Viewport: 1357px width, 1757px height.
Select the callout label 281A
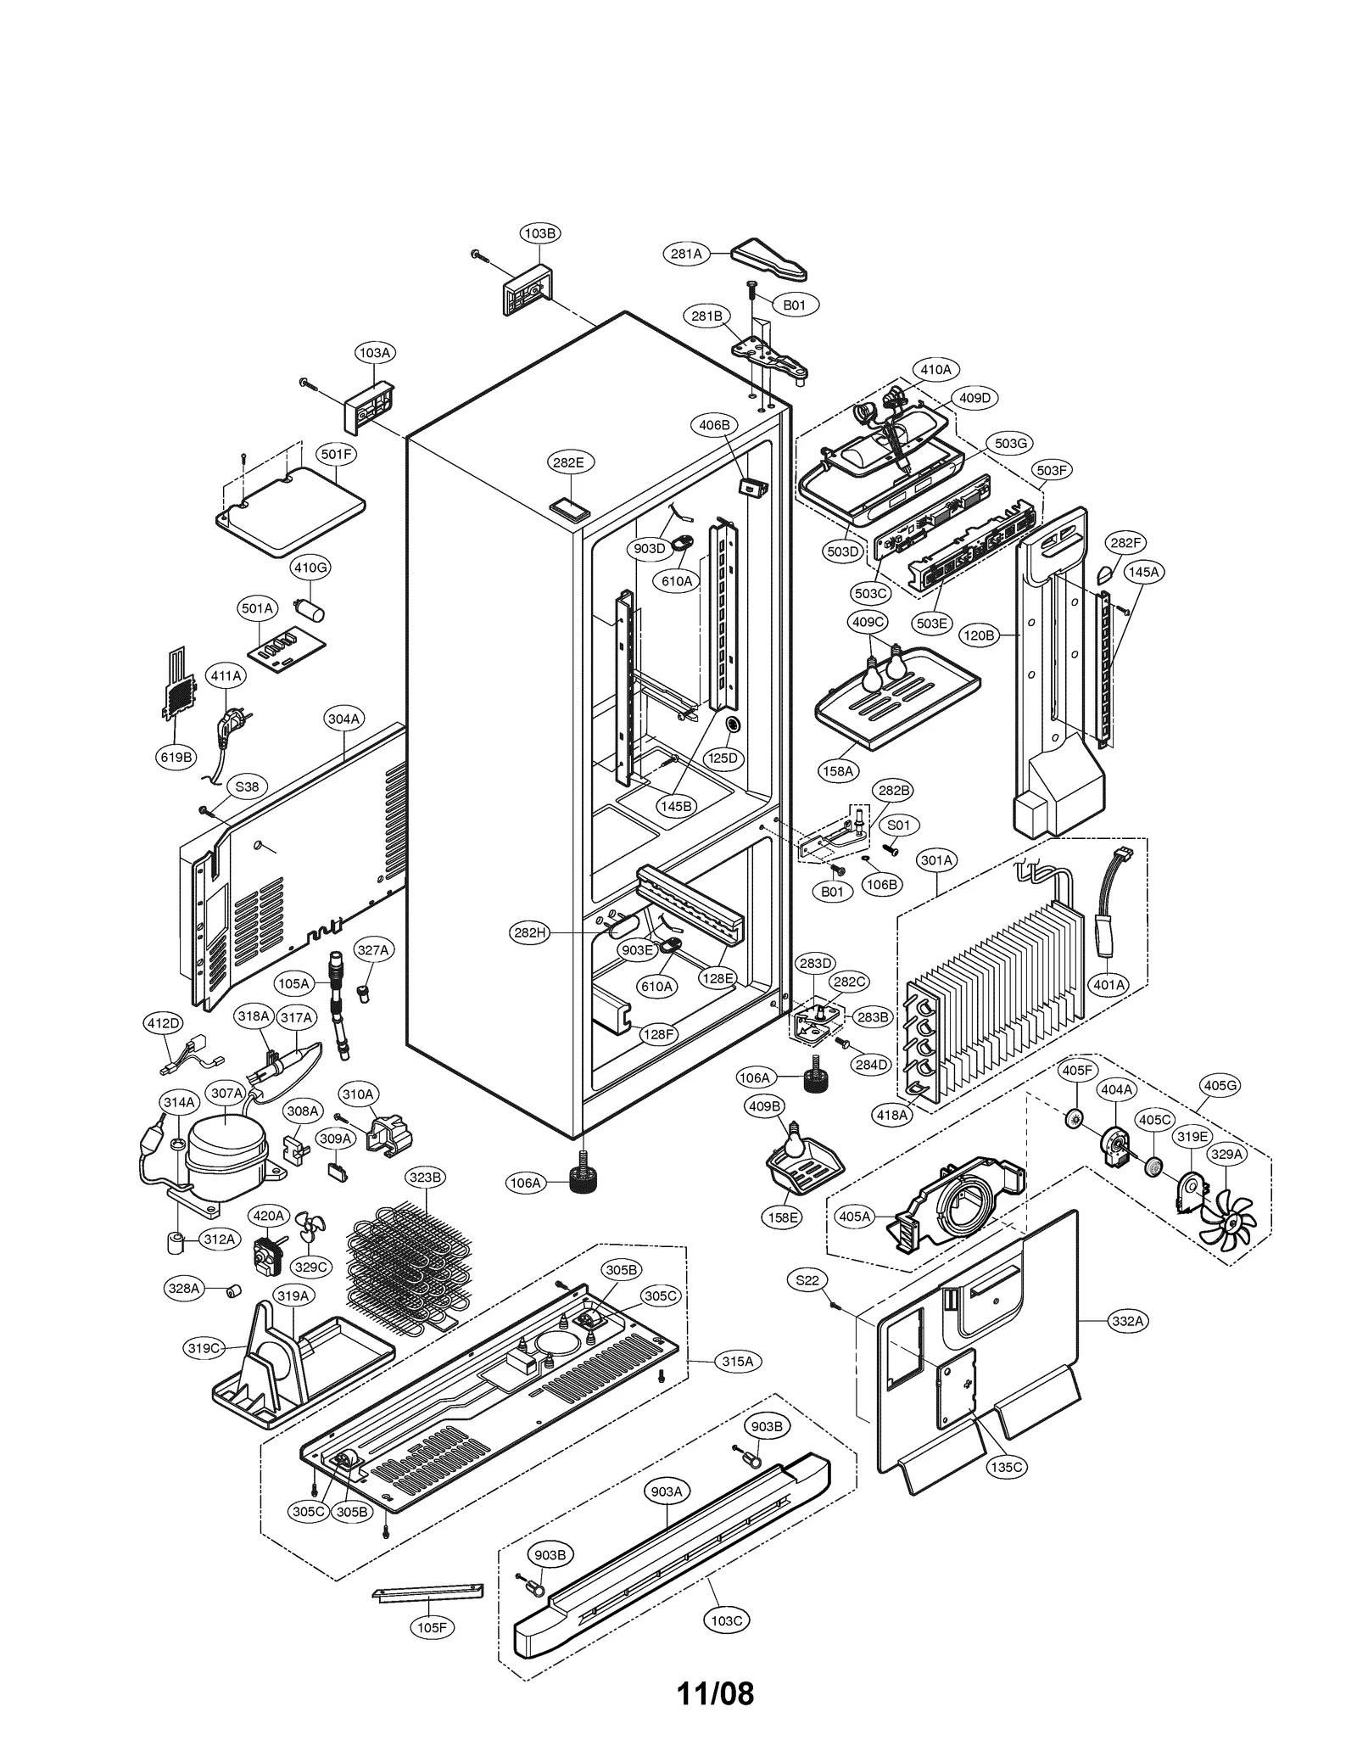point(685,254)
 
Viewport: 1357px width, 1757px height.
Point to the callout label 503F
point(1052,470)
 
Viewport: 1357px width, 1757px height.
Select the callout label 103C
point(726,1620)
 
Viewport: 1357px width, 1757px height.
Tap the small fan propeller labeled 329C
point(310,1228)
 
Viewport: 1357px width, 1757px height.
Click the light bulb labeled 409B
point(794,1142)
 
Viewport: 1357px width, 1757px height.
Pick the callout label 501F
point(336,454)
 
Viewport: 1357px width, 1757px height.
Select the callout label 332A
point(1128,1321)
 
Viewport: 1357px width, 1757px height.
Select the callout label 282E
point(568,462)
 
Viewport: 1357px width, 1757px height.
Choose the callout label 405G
point(1220,1085)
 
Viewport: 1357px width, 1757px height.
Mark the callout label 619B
point(176,757)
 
